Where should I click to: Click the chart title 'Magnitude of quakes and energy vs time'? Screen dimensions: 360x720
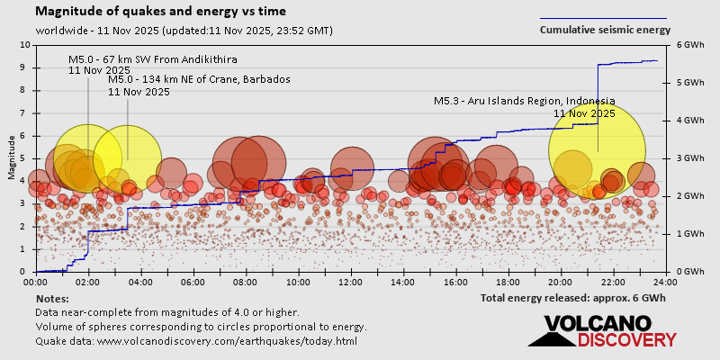[161, 12]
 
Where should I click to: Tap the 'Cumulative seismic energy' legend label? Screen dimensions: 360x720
[605, 30]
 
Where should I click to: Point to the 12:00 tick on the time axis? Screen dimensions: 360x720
[351, 280]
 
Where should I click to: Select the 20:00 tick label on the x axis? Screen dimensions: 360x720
[561, 280]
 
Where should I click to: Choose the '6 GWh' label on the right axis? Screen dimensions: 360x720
[689, 44]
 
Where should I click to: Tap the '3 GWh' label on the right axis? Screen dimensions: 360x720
[689, 157]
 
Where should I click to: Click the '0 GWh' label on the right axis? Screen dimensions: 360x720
[689, 272]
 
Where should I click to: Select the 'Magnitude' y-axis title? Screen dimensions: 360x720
[11, 157]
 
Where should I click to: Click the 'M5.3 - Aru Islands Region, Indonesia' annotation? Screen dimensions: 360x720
[525, 101]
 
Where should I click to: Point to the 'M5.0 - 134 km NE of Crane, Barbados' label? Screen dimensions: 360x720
[199, 79]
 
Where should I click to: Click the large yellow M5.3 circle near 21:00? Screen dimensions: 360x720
[598, 148]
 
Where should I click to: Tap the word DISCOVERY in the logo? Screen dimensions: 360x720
[626, 339]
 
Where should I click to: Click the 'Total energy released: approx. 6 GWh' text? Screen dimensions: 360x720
[573, 298]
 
